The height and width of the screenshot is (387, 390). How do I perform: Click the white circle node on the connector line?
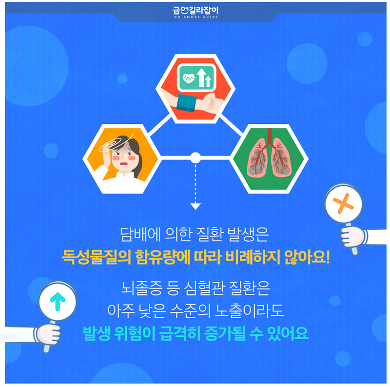click(x=195, y=157)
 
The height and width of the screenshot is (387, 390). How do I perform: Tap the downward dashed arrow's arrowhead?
click(x=195, y=207)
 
